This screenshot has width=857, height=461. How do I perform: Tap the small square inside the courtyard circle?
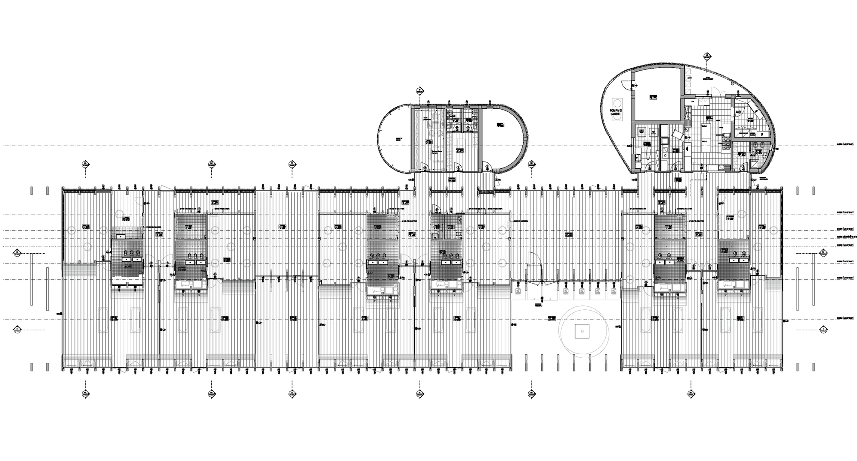[582, 330]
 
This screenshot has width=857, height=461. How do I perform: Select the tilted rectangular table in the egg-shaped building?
[677, 135]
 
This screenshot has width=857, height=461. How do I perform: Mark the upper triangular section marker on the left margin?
[16, 253]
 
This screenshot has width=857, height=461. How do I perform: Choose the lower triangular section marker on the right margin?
[823, 329]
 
